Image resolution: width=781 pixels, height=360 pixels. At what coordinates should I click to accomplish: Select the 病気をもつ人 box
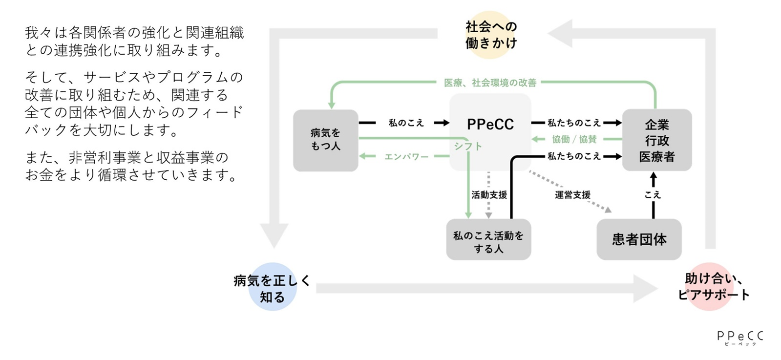[x=325, y=140]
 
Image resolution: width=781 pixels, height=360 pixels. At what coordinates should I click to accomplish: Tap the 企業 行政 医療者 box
[x=656, y=140]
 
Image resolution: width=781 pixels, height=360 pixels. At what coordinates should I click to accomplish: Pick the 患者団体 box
[x=639, y=239]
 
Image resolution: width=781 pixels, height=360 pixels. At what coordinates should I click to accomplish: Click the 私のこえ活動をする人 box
[x=488, y=242]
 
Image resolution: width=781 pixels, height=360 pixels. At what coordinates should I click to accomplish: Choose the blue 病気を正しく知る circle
[x=272, y=287]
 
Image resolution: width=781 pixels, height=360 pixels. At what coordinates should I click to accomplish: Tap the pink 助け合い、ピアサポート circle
[x=711, y=287]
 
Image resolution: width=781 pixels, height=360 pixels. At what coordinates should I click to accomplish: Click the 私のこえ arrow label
[x=406, y=123]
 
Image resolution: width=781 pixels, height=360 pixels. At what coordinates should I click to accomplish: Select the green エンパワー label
[x=406, y=156]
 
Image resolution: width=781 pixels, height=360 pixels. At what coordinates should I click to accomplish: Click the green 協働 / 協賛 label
[x=574, y=139]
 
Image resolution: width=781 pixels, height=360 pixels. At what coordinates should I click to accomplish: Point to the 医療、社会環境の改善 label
[x=490, y=83]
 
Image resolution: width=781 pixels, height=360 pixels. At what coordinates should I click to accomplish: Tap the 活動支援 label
[x=489, y=195]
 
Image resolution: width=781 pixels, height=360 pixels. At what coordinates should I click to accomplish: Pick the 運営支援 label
[x=572, y=195]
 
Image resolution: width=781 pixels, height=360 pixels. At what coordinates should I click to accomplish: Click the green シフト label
[x=467, y=146]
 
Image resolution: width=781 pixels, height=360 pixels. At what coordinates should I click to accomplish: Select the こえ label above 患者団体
[x=653, y=195]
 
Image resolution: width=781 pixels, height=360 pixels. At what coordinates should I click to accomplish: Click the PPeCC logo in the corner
[x=739, y=337]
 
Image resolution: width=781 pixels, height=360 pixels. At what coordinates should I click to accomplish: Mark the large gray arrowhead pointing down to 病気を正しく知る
[x=274, y=235]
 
